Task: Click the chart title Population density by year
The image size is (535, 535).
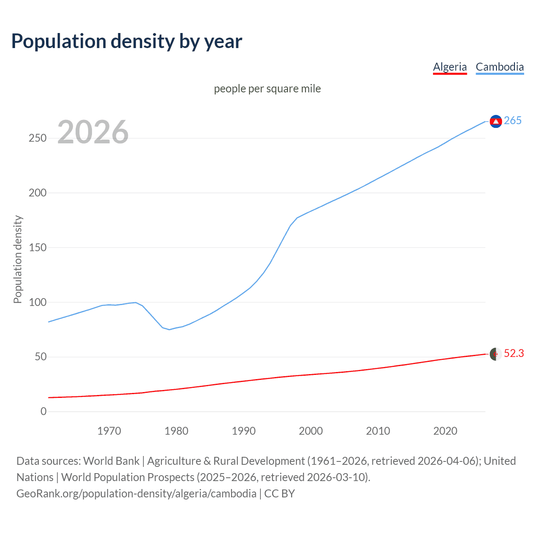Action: (127, 41)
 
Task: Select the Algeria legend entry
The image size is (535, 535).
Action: (450, 67)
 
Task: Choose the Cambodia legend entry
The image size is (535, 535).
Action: (499, 67)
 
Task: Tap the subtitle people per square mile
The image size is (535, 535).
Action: (267, 89)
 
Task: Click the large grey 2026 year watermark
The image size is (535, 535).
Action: (93, 132)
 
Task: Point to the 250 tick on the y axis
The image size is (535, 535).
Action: (37, 138)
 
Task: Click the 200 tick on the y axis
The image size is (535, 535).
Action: (37, 193)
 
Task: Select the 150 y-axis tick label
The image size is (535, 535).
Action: (37, 248)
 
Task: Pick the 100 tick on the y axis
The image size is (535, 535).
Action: (37, 302)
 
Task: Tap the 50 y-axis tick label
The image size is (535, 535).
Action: (40, 357)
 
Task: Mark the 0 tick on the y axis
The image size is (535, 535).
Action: (43, 412)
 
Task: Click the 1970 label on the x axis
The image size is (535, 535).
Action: (109, 431)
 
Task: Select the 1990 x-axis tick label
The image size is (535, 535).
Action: (244, 431)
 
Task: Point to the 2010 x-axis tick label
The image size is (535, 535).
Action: (378, 431)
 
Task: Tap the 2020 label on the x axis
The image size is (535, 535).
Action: (445, 431)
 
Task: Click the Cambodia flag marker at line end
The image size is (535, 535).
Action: (496, 121)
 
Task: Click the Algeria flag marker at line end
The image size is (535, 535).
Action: (496, 354)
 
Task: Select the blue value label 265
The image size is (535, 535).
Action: (512, 121)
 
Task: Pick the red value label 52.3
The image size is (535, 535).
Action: (514, 354)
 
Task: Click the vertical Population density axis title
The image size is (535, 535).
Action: (18, 259)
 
